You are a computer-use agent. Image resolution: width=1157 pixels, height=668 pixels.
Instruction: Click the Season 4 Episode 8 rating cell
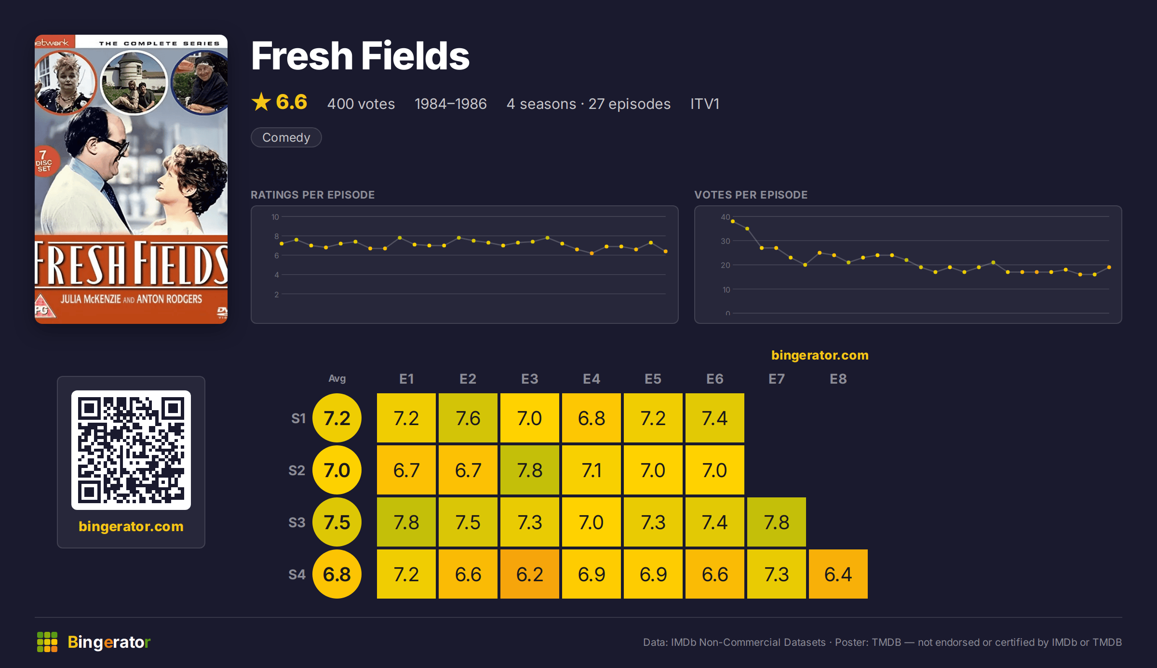(x=838, y=574)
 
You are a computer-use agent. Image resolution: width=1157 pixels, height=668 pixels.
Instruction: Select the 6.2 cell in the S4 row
(x=529, y=574)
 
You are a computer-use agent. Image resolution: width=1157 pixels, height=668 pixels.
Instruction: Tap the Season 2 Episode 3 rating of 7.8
(x=529, y=470)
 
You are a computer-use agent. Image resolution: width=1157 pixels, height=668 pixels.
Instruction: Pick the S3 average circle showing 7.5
(x=337, y=522)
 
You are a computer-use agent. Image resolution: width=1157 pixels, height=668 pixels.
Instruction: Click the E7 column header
(x=776, y=379)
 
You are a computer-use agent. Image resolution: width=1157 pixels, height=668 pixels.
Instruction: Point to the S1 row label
(x=298, y=418)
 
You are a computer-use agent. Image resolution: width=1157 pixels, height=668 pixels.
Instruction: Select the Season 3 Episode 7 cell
(x=776, y=522)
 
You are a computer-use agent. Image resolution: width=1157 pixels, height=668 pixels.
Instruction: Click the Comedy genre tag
(x=286, y=137)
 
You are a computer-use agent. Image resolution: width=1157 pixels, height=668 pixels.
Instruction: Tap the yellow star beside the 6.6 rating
(x=261, y=102)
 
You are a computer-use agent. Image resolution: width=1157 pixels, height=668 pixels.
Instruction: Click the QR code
(x=131, y=450)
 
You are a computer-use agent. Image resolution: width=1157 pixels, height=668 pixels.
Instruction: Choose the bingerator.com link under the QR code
(x=131, y=526)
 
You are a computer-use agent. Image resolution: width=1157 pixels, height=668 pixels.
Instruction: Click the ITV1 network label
(x=704, y=104)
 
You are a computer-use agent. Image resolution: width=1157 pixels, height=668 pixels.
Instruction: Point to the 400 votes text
(x=361, y=104)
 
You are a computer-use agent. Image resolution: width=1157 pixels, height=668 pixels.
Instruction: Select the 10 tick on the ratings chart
(x=275, y=217)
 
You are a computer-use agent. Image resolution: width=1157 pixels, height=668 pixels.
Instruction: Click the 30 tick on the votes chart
(x=725, y=241)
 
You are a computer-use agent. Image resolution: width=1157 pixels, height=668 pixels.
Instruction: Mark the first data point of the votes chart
(x=733, y=221)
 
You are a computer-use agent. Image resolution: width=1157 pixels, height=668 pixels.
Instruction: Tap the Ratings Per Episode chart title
(x=312, y=195)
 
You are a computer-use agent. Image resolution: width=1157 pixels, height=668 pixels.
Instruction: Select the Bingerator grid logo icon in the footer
(x=47, y=642)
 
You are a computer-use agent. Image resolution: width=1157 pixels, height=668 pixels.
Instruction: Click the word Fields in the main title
(x=415, y=56)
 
